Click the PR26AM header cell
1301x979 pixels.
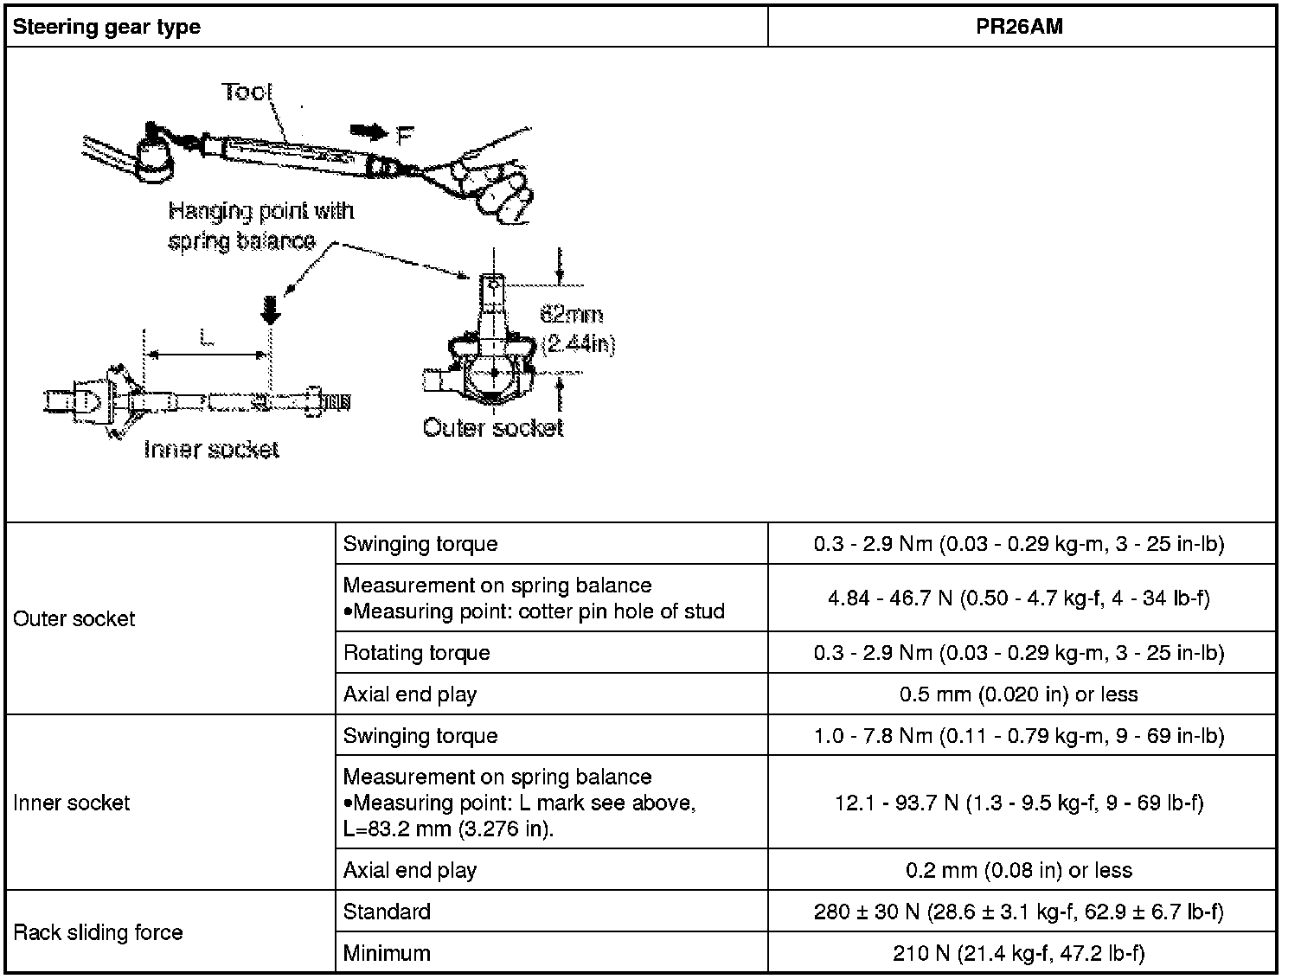[x=1021, y=26]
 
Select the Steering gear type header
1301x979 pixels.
[x=106, y=26]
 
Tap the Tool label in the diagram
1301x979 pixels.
[x=247, y=92]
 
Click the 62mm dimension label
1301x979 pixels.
[x=572, y=314]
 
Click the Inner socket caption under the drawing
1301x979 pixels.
[x=212, y=449]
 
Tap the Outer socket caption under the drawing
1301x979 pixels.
[x=493, y=427]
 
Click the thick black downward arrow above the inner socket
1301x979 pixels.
[x=271, y=310]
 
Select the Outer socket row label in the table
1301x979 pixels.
[x=74, y=618]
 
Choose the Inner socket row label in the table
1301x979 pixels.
[x=72, y=803]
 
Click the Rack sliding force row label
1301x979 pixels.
[x=98, y=932]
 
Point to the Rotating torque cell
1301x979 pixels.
[x=417, y=652]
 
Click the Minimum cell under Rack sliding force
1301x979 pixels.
[x=387, y=953]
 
